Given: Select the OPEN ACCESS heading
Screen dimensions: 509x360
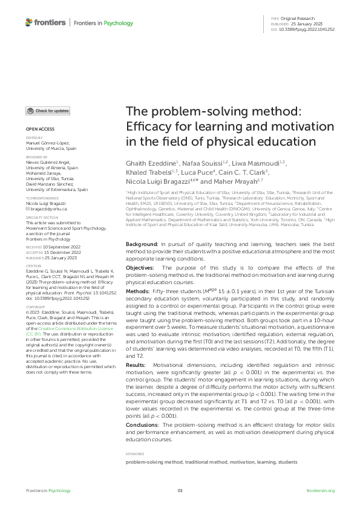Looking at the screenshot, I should pyautogui.click(x=39, y=129).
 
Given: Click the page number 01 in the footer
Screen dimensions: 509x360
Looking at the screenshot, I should pyautogui.click(x=180, y=490).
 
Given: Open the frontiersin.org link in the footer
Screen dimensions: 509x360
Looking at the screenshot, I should pyautogui.click(x=320, y=490).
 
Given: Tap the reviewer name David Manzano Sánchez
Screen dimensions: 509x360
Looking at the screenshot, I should pyautogui.click(x=51, y=184).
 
